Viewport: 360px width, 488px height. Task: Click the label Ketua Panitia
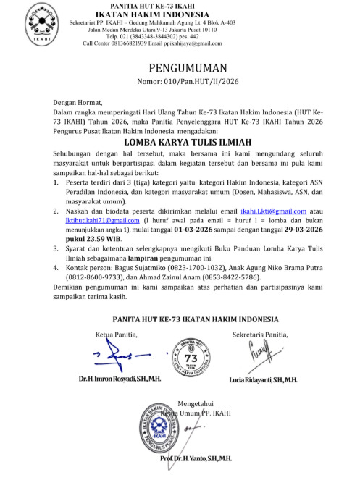[x=115, y=334]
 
